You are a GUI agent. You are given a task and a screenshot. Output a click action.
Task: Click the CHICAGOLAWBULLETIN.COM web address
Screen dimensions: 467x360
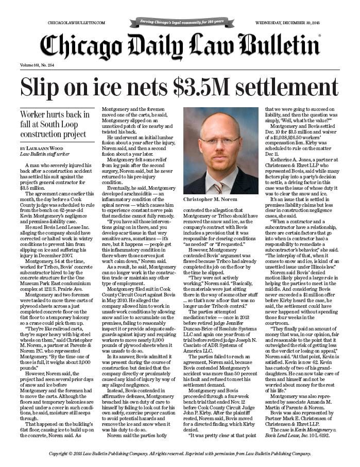click(76, 23)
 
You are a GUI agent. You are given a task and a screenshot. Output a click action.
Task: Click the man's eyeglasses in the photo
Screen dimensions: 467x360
click(220, 140)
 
